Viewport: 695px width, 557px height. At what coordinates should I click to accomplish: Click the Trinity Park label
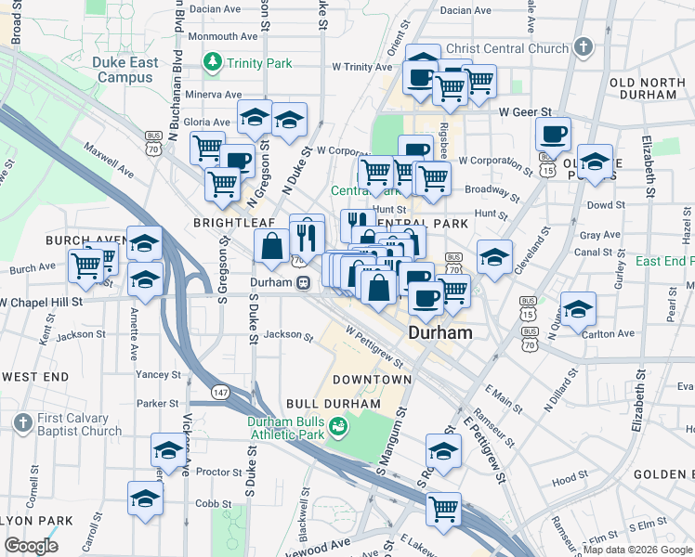(x=256, y=63)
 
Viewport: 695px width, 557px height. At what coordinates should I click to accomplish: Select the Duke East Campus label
(x=123, y=71)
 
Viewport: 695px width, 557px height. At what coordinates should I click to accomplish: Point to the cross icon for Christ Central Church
(x=583, y=46)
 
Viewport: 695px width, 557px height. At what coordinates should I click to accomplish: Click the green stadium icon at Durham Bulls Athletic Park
(x=338, y=425)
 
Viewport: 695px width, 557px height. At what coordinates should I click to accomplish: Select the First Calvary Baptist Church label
(x=79, y=424)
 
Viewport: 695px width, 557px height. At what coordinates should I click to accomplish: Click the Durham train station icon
(x=304, y=284)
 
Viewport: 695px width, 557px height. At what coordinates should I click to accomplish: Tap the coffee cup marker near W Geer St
(x=553, y=135)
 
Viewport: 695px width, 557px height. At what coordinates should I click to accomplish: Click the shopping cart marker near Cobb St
(x=444, y=509)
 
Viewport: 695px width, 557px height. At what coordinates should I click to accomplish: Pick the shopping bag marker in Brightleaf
(x=272, y=247)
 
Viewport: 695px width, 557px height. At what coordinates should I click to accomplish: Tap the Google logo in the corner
(x=31, y=546)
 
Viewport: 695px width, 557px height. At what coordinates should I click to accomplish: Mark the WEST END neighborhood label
(x=35, y=377)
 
